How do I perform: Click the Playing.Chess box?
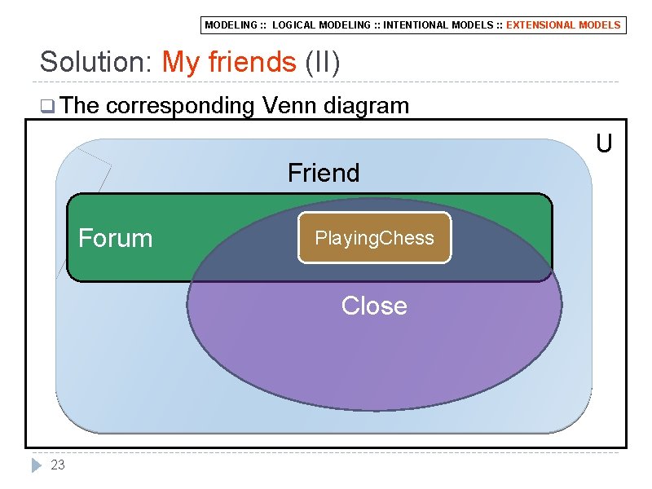tap(374, 238)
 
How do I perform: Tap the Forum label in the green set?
tap(115, 238)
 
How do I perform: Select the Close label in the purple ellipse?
tap(374, 306)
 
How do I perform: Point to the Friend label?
tap(324, 173)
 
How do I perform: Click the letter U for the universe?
tap(604, 144)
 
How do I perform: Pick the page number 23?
tap(58, 465)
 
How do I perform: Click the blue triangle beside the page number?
tap(36, 465)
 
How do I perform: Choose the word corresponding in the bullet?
tap(179, 106)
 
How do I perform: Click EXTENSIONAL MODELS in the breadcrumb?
tap(563, 25)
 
